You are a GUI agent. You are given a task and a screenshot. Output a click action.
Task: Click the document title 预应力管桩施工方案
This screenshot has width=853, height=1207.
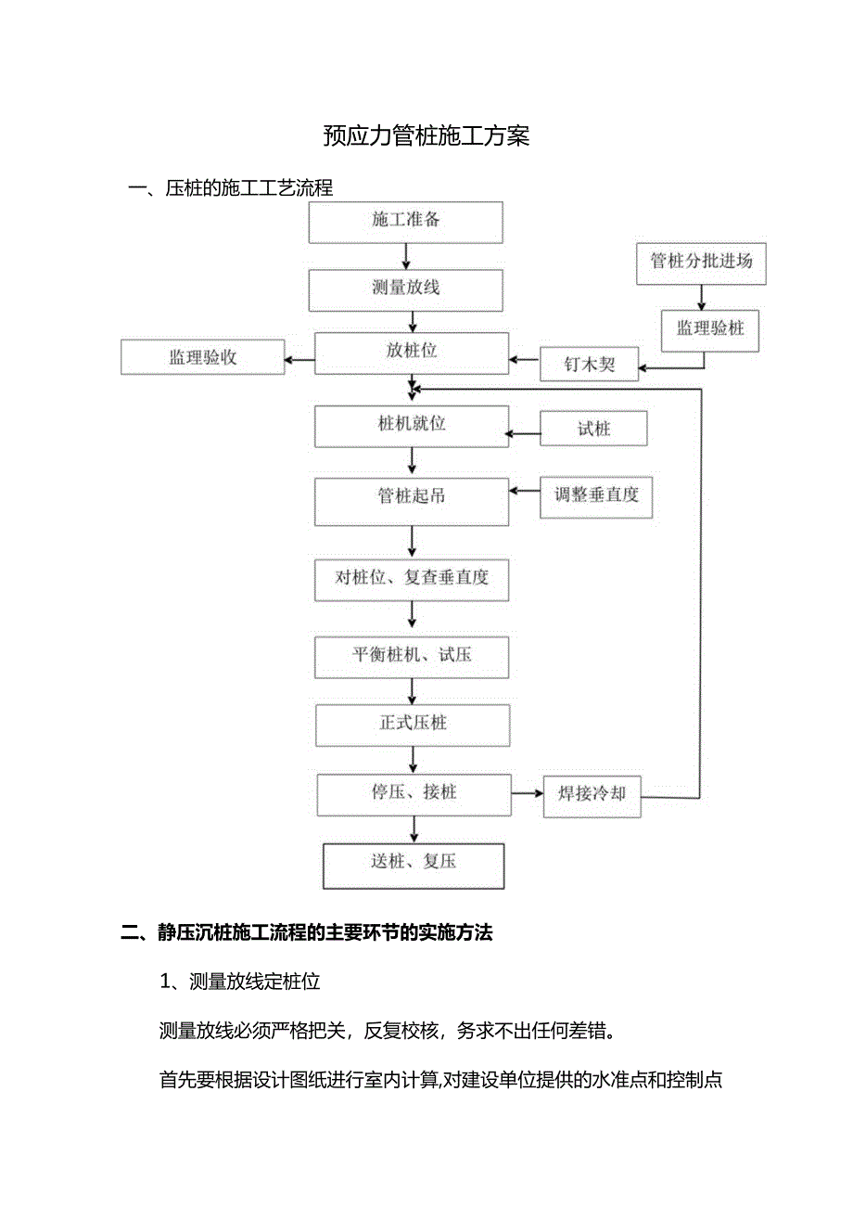click(426, 136)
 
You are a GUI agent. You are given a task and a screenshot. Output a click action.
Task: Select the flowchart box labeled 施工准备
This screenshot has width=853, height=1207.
click(406, 221)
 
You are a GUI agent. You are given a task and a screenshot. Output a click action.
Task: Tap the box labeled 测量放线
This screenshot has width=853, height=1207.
click(406, 289)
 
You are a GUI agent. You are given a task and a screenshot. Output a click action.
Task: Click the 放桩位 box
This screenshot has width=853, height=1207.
click(412, 353)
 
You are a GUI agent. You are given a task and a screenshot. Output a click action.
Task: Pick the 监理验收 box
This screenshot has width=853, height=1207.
click(202, 357)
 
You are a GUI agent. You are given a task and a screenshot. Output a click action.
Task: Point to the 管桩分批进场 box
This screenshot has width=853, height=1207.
click(702, 262)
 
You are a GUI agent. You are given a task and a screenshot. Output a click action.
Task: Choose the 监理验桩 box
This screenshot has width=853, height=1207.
click(710, 329)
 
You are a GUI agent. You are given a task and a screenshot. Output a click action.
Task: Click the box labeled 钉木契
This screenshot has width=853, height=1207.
click(591, 364)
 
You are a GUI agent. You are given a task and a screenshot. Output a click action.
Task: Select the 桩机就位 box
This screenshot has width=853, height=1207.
click(412, 426)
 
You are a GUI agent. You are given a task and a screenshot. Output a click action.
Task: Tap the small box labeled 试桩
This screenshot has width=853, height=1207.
click(594, 429)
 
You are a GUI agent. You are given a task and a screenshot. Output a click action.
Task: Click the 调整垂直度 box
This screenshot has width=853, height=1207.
click(597, 496)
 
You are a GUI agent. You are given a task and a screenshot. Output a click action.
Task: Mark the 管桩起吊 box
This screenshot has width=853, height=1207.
click(412, 498)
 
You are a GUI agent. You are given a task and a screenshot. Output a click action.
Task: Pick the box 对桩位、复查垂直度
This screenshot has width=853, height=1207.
click(412, 579)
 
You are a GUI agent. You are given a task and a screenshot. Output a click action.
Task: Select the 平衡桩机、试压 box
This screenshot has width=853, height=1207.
click(412, 656)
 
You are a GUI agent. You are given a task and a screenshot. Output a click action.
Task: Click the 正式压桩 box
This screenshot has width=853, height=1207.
click(413, 724)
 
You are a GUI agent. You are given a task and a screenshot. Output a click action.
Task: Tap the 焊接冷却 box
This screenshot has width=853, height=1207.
click(592, 795)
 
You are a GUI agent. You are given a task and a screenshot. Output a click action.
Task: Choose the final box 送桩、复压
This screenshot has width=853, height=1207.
click(414, 865)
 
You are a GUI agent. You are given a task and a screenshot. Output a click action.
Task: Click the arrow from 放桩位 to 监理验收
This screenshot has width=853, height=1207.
click(299, 359)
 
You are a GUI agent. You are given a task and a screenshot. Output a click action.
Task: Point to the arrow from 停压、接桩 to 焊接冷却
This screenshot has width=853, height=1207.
click(526, 794)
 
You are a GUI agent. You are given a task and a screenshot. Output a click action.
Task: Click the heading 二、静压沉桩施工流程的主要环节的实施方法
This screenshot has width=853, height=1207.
click(307, 933)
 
